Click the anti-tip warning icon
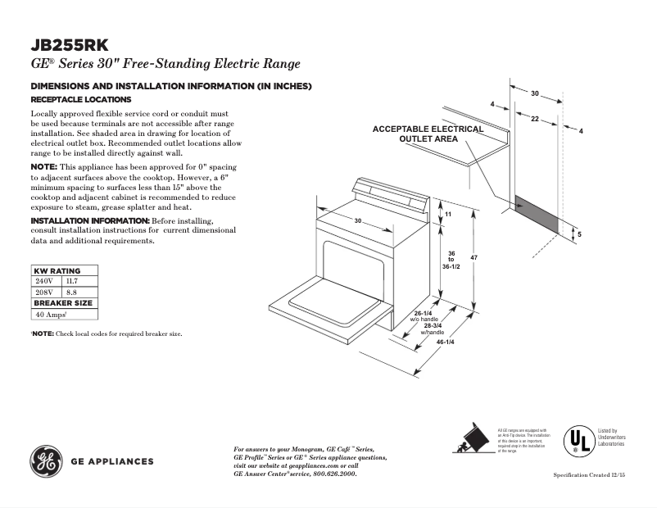tap(473, 439)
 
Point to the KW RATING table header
tap(57, 270)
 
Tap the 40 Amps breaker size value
tap(50, 314)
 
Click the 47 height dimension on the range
tap(473, 258)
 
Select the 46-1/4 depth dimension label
tap(445, 341)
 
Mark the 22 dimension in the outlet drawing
tap(534, 120)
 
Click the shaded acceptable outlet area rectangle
tap(537, 212)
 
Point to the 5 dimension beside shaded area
tap(579, 234)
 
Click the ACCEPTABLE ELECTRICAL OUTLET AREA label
tap(428, 134)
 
